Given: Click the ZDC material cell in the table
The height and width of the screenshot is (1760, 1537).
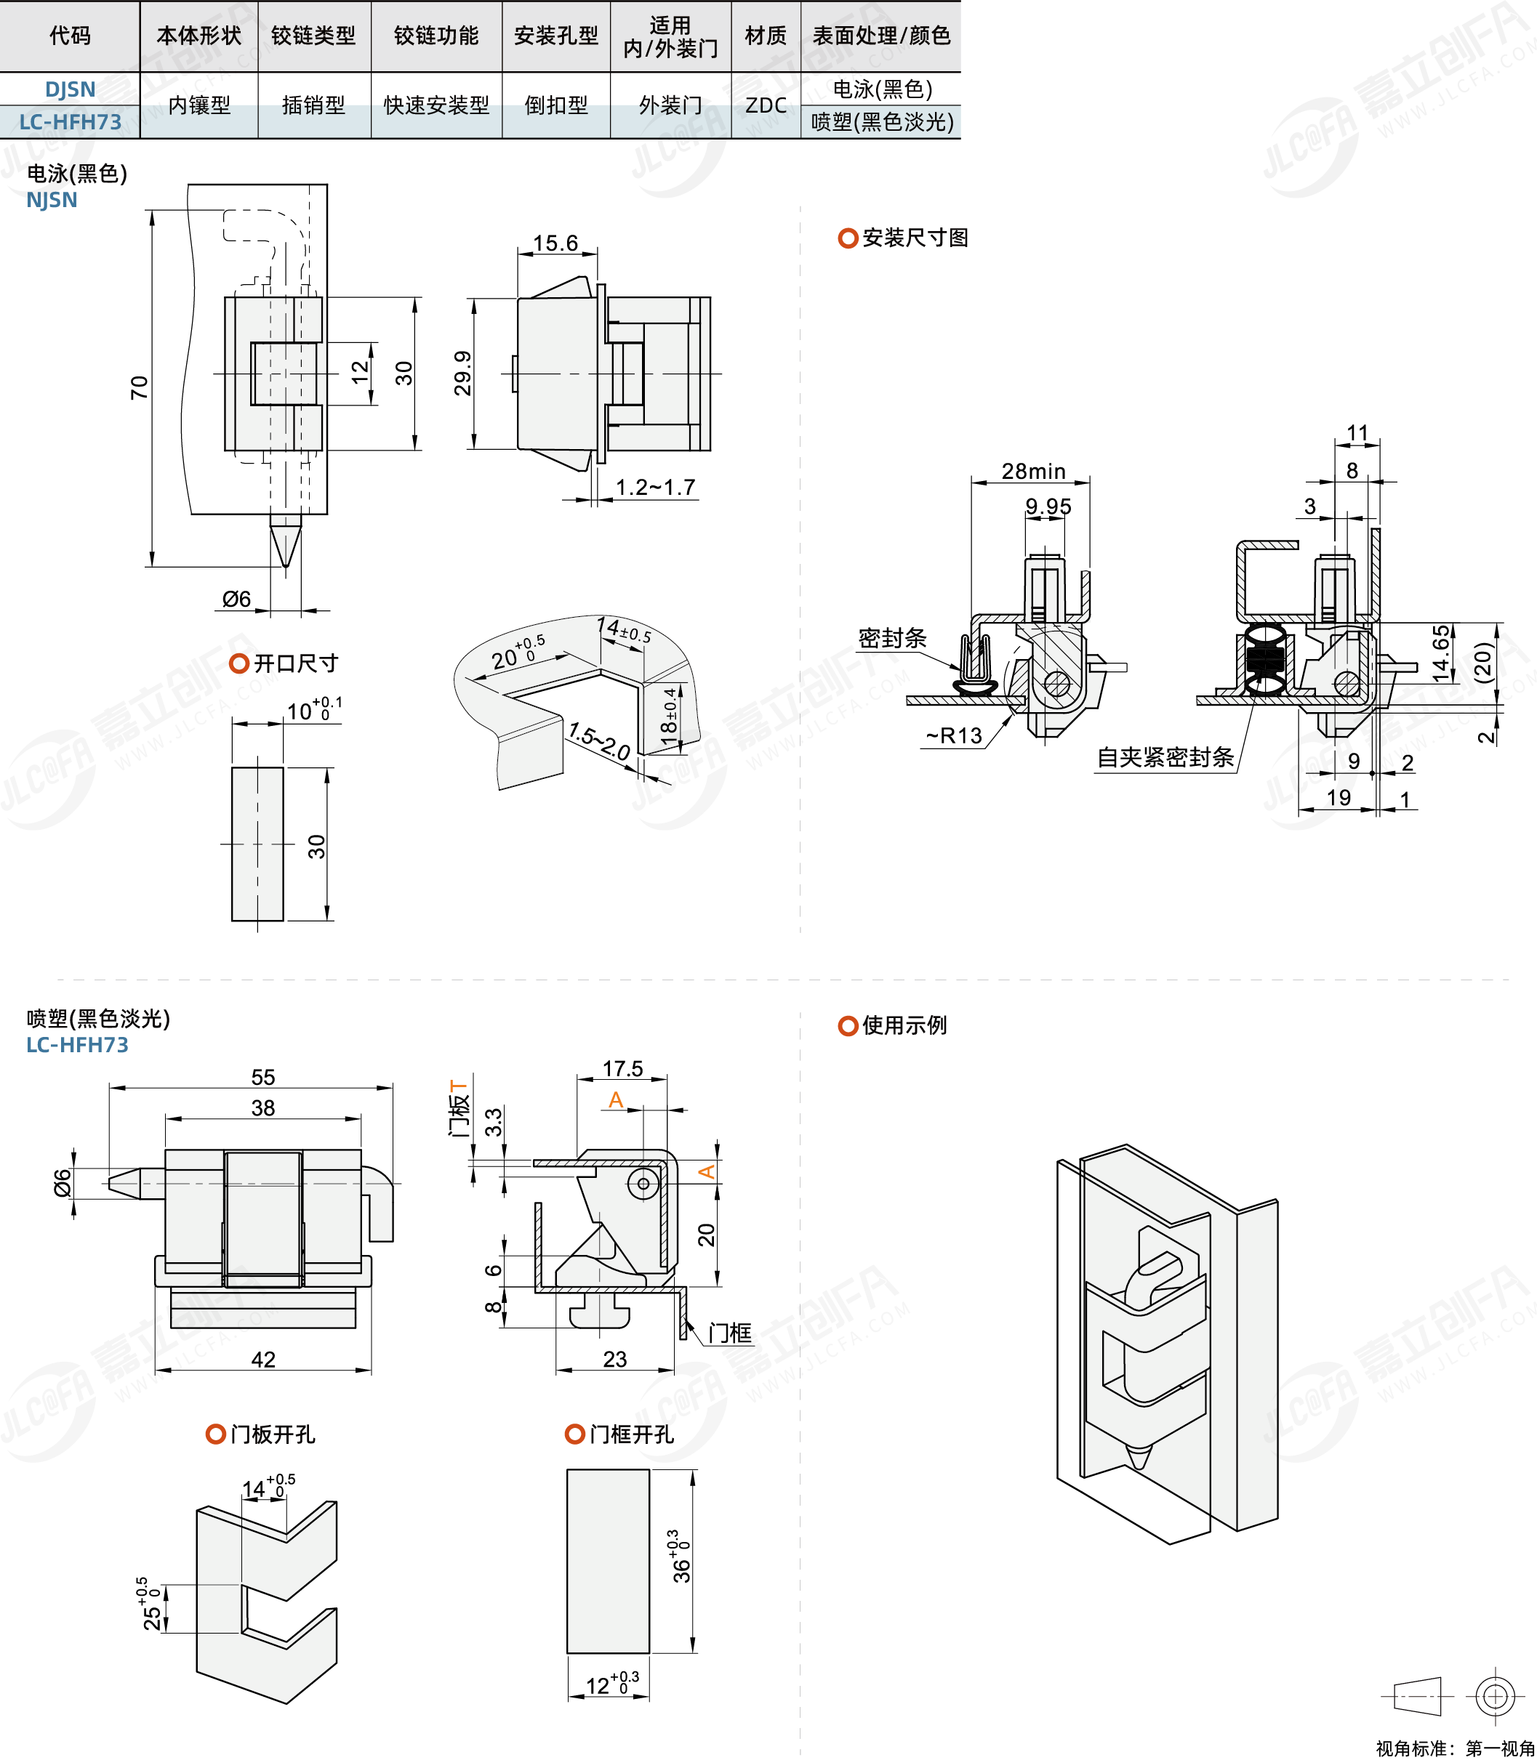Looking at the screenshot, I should point(765,105).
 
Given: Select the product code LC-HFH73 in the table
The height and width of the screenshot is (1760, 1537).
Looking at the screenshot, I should point(71,123).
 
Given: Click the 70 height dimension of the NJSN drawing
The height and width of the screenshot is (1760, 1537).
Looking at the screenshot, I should point(139,387).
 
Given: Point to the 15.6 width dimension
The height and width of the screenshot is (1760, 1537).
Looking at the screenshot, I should point(555,243).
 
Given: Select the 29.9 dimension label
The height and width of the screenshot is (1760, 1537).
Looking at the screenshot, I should point(462,373).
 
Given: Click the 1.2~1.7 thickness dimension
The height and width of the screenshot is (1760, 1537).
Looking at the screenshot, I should point(655,488).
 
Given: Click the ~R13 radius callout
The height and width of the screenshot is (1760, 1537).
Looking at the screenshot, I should point(954,735).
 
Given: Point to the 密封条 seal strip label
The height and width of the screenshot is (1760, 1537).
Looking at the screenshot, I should point(892,638).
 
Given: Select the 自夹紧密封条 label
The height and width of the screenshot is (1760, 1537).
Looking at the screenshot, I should point(1165,757).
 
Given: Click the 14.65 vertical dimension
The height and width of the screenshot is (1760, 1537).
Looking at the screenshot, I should point(1441,653).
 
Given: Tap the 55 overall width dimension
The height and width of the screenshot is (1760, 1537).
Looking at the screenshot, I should point(262,1078).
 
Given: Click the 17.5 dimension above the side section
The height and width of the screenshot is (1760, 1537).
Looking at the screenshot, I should point(622,1069).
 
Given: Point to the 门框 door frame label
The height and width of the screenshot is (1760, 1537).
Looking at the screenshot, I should point(729,1333).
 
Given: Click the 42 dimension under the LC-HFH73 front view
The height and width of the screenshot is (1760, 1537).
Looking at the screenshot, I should point(262,1360).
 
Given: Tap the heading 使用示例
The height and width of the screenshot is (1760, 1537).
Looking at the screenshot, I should point(904,1025).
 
